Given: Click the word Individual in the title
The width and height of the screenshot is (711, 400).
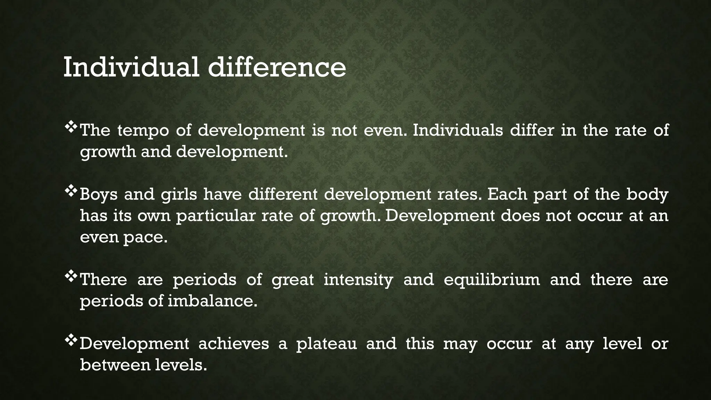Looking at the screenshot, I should [x=131, y=67].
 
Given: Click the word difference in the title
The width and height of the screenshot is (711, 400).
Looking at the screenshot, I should [x=277, y=67].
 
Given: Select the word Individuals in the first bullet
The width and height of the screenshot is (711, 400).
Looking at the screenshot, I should [x=458, y=131].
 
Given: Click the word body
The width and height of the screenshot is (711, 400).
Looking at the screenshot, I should [x=647, y=194].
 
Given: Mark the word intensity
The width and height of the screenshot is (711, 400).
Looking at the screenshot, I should [x=358, y=280].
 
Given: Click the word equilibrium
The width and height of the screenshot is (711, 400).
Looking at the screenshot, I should [x=492, y=280].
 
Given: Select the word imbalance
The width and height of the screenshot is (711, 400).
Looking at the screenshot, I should [x=212, y=301].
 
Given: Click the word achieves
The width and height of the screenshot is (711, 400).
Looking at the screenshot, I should [x=234, y=344].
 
